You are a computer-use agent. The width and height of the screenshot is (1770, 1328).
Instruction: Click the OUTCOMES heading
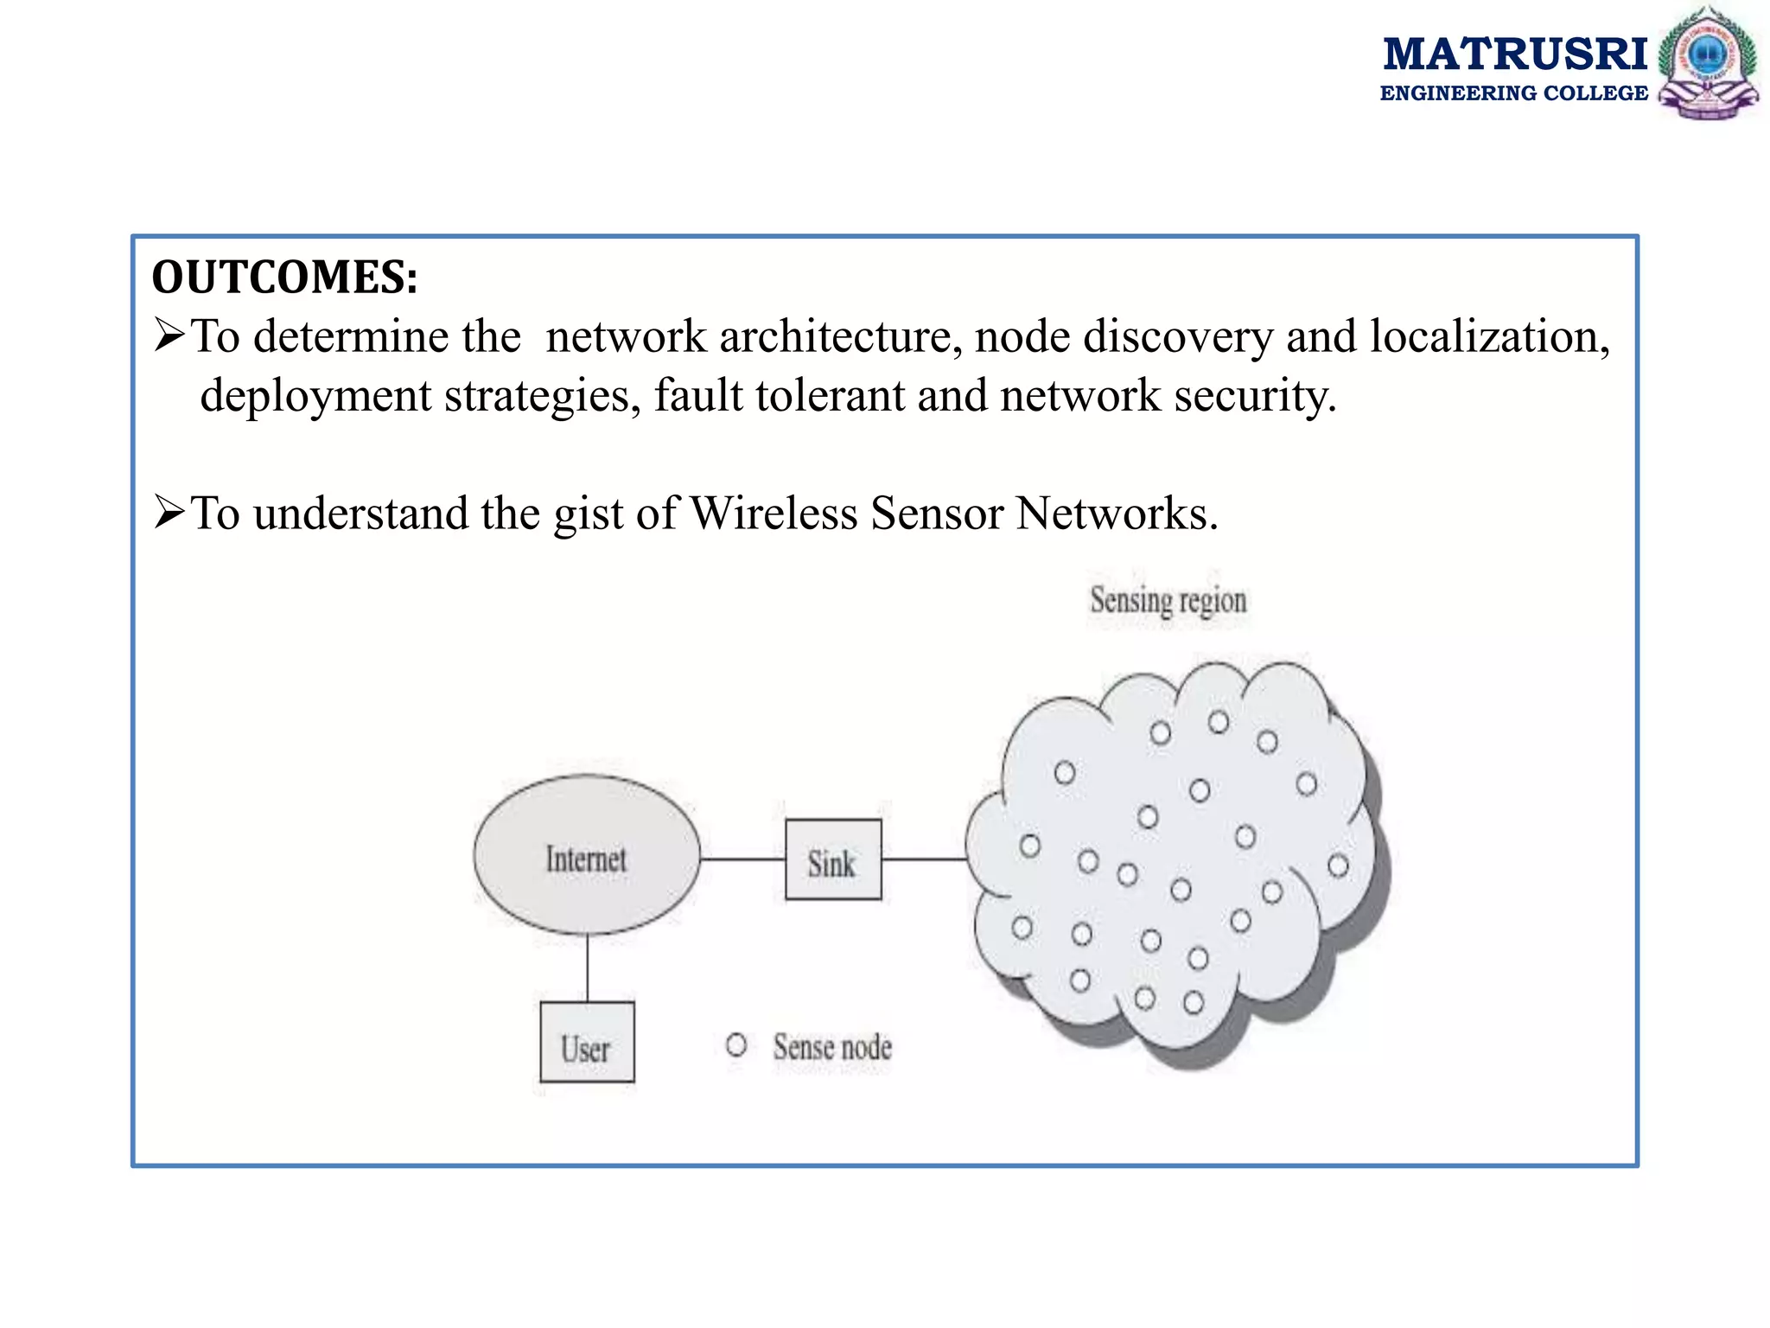click(x=284, y=278)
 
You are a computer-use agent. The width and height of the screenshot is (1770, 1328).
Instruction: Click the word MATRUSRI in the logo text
click(x=1515, y=54)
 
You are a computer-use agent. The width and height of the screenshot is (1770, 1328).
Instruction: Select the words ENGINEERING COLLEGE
click(x=1513, y=93)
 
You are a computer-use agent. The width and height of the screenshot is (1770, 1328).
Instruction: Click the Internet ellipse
click(x=587, y=855)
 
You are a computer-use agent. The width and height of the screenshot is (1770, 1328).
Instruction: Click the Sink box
click(x=833, y=860)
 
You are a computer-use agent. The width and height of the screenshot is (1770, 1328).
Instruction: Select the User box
click(x=587, y=1043)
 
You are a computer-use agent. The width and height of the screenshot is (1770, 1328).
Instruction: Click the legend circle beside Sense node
click(x=736, y=1045)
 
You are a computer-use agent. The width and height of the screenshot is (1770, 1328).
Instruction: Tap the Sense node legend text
click(x=832, y=1047)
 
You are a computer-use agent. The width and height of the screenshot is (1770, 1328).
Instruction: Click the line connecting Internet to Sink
click(x=742, y=859)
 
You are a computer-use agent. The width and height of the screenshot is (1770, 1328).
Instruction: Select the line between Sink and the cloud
click(x=923, y=859)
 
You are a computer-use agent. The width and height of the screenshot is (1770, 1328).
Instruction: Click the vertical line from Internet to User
click(x=588, y=968)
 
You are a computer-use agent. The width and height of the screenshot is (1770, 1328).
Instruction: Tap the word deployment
click(x=315, y=396)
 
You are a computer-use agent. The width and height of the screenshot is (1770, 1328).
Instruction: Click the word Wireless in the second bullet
click(x=774, y=514)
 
